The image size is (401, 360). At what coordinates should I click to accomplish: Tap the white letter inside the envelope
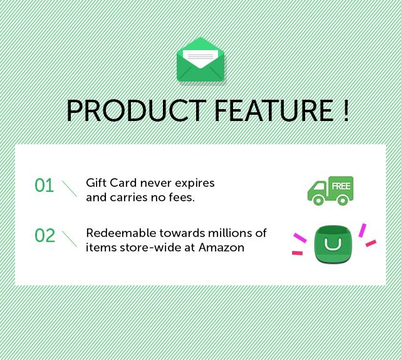coord(200,58)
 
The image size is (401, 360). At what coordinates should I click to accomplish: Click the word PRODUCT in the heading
coord(137,110)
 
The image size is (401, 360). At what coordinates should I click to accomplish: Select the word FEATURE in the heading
coord(274,110)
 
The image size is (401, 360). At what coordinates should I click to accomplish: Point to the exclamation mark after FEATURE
coord(345,110)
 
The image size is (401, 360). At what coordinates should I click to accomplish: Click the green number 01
coord(44,186)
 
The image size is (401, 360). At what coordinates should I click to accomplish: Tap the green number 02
coord(44,236)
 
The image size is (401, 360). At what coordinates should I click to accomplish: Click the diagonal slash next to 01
coord(70,188)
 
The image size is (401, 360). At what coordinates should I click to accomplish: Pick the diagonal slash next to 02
coord(70,239)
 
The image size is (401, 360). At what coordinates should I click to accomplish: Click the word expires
coord(195,184)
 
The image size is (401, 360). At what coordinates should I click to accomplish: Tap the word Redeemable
coord(121,233)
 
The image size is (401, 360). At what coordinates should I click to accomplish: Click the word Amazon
coord(221,247)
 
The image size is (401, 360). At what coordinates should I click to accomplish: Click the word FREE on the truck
coord(341,186)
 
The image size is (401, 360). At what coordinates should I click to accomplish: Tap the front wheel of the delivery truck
coord(318,200)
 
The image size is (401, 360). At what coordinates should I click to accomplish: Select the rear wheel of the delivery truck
coord(343,200)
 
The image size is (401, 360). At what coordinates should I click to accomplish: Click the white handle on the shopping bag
coord(333,245)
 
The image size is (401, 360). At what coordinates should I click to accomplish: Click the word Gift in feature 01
coord(96,183)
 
